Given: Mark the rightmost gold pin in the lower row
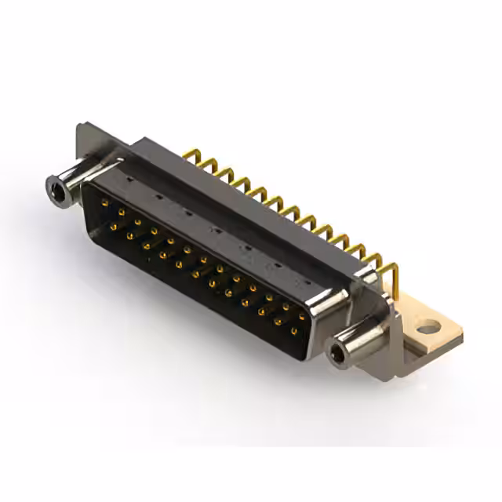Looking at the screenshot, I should click(293, 332).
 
